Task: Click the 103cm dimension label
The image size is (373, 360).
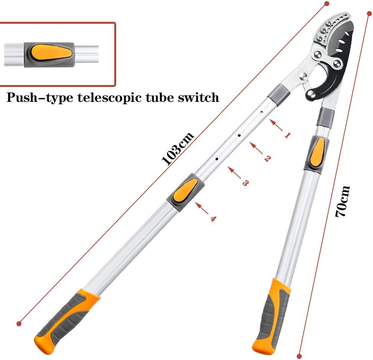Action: click(x=178, y=149)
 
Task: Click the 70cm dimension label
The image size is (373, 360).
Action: click(x=342, y=201)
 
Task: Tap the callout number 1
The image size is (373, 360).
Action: click(x=288, y=135)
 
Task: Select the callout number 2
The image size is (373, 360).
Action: click(x=268, y=158)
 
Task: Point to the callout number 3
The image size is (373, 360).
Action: click(x=245, y=183)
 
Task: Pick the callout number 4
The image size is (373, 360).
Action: click(x=213, y=219)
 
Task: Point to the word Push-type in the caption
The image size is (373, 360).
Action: click(x=39, y=97)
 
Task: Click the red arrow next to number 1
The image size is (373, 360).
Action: click(x=276, y=126)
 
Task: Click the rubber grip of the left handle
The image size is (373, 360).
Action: click(x=66, y=321)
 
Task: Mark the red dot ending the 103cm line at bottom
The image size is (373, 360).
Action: click(x=19, y=323)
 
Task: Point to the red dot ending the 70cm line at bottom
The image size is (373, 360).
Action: click(x=299, y=356)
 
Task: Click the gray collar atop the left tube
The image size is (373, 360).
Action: click(x=279, y=95)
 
